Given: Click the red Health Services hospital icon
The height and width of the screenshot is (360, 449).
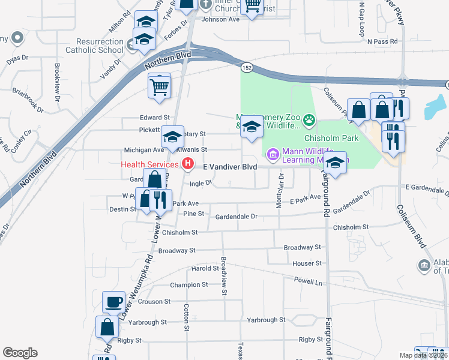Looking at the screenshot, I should tap(188, 163).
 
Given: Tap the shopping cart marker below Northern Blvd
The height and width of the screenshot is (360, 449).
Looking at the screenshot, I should tap(160, 86).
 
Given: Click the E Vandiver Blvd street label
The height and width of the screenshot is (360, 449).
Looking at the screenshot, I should tap(230, 166).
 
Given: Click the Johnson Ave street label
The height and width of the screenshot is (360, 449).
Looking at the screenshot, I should tap(220, 19).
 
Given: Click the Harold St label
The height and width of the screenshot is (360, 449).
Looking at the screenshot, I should tap(201, 268).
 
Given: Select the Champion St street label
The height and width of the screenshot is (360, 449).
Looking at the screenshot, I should tap(188, 284).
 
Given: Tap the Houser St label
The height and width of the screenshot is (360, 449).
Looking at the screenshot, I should tap(307, 263).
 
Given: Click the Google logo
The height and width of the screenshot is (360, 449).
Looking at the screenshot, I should tap(20, 353).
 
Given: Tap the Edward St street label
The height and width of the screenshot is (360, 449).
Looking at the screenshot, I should tap(155, 118).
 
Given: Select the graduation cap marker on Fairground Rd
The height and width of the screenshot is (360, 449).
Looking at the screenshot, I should tap(336, 162).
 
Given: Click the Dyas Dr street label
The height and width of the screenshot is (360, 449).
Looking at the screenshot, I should tap(18, 58).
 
